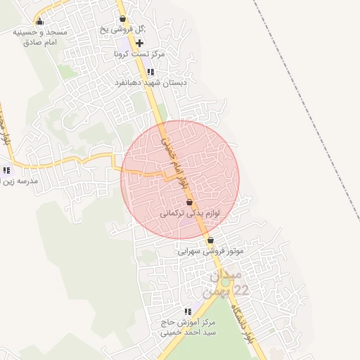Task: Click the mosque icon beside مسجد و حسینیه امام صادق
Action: (39, 21)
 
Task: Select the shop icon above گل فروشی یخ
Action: (123, 19)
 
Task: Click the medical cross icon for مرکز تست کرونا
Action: (139, 43)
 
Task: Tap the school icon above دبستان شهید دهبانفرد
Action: (150, 71)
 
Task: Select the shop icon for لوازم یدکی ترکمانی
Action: (189, 201)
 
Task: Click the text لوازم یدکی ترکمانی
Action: (190, 212)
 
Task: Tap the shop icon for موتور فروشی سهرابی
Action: (210, 240)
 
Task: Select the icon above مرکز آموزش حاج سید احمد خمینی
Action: (187, 311)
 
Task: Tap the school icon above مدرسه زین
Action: (7, 169)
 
